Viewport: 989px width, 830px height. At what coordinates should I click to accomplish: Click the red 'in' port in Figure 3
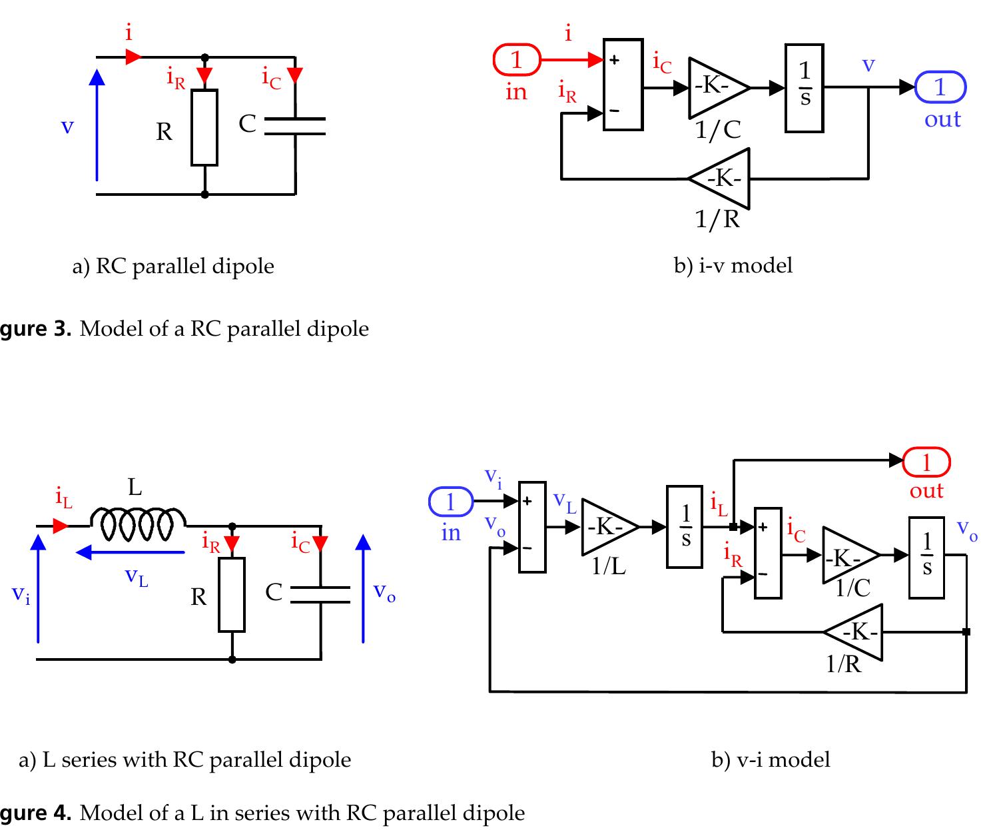(x=516, y=60)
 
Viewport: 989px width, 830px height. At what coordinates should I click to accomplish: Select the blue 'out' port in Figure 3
(x=940, y=87)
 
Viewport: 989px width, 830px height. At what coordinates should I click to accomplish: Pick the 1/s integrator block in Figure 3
(x=805, y=87)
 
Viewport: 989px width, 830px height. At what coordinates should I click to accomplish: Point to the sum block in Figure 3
(x=623, y=84)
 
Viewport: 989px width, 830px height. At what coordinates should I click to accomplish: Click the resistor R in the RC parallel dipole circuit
(x=204, y=127)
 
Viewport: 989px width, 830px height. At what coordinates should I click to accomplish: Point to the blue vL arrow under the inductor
(x=131, y=552)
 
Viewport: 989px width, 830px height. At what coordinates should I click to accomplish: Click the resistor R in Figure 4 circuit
(x=232, y=595)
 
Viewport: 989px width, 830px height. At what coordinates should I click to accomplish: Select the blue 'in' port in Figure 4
(x=450, y=502)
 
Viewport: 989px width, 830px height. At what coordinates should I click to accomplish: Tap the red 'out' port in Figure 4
(x=926, y=462)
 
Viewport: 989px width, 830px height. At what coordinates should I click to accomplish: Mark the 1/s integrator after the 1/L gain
(x=685, y=527)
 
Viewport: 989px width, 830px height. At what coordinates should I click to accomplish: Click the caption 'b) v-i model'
(x=771, y=759)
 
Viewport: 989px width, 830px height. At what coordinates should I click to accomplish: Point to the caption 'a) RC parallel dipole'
(x=173, y=266)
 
